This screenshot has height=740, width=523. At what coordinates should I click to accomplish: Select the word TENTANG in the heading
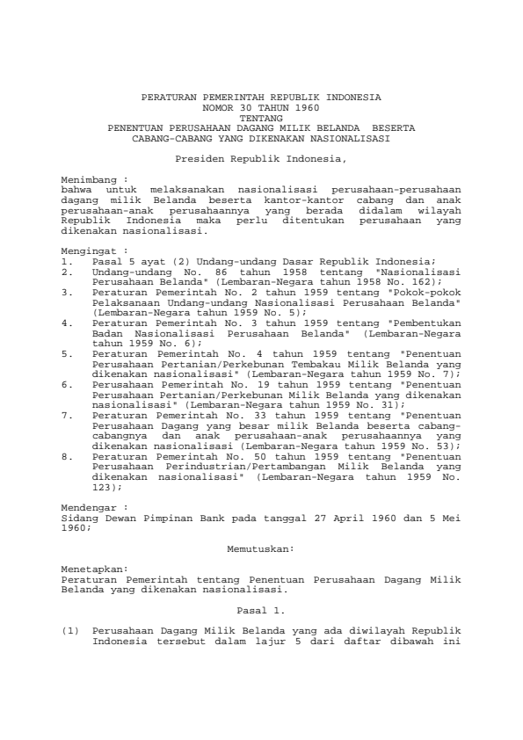tap(261, 116)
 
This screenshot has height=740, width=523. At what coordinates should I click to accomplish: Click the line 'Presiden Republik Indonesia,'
tap(261, 159)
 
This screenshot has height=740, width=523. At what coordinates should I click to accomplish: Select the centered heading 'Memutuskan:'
tap(261, 548)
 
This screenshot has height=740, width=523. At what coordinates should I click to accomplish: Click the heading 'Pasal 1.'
tap(261, 609)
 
